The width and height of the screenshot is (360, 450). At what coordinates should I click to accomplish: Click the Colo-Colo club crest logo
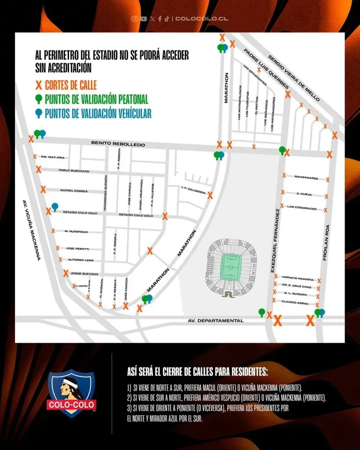click(71, 392)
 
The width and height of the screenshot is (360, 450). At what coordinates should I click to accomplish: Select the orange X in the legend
click(39, 85)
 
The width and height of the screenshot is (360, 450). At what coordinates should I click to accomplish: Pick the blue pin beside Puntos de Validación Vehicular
click(39, 113)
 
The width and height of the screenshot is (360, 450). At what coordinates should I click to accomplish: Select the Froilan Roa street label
click(326, 243)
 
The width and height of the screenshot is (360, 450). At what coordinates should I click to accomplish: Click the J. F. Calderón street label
click(193, 192)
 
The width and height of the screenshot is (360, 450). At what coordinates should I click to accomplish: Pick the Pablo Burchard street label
click(73, 171)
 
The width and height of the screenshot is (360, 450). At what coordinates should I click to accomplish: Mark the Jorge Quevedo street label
click(84, 274)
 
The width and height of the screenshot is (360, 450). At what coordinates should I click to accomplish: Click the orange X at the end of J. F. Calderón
click(210, 195)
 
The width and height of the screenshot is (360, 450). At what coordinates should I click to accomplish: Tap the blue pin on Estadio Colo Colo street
click(55, 206)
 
